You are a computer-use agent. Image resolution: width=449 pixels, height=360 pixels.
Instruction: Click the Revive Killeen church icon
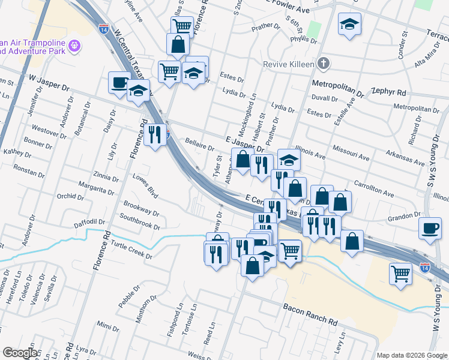point(324,63)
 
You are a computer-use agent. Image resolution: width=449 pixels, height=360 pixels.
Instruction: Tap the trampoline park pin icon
point(74,44)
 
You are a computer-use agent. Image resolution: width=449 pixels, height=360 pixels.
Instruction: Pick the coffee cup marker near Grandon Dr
point(430,229)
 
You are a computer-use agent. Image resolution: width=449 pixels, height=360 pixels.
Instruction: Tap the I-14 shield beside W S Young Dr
point(425,266)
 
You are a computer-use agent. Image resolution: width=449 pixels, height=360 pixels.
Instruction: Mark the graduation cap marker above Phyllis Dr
point(349,25)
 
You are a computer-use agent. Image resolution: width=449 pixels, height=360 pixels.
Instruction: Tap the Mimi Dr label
point(108,326)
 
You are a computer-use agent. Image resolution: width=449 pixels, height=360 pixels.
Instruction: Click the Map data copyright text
point(412,355)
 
